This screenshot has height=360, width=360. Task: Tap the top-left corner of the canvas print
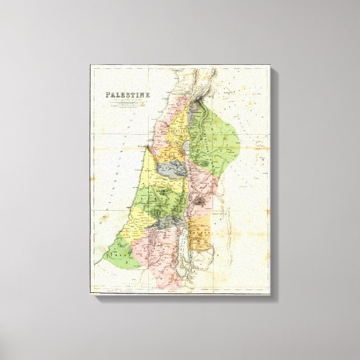coord(91,65)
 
